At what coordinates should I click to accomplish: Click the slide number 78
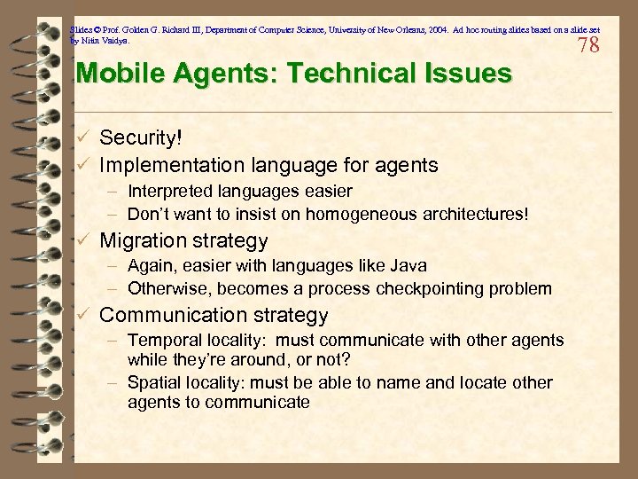(588, 45)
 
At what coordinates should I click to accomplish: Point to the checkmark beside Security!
(82, 137)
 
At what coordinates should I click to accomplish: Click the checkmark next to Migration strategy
(82, 240)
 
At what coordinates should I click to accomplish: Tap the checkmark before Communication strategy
(82, 315)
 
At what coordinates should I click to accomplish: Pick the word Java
(409, 265)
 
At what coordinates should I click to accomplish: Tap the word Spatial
(153, 382)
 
